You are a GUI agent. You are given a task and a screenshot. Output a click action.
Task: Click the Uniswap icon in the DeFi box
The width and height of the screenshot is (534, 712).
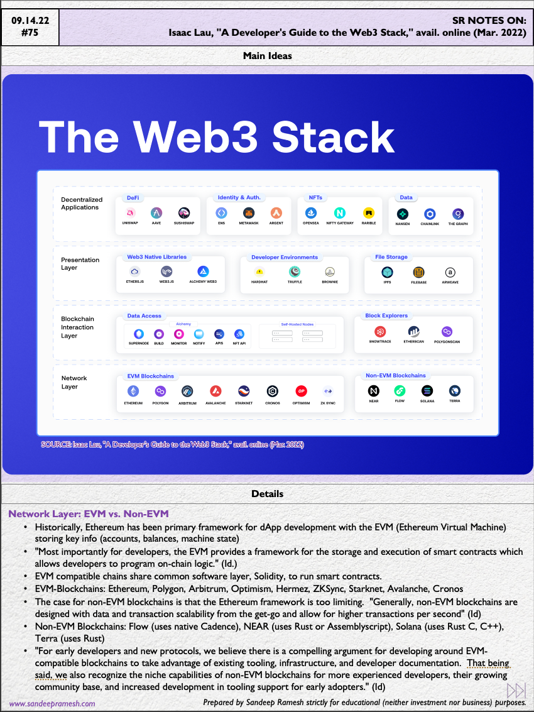coord(130,213)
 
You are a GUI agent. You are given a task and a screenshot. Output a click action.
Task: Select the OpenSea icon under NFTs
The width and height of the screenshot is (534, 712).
coord(310,213)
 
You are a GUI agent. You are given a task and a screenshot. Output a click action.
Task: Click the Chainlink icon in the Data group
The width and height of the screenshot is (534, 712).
coord(430,214)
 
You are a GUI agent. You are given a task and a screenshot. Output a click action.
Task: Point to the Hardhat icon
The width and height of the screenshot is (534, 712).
coord(259,272)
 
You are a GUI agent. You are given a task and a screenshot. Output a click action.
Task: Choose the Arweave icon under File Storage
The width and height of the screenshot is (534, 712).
coord(450,272)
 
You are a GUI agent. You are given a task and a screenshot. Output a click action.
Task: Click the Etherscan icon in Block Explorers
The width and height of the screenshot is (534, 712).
coord(413,331)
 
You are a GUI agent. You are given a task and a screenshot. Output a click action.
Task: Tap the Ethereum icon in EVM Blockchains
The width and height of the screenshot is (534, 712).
coord(133,391)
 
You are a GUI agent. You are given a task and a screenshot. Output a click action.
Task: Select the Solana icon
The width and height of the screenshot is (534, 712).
coord(427,391)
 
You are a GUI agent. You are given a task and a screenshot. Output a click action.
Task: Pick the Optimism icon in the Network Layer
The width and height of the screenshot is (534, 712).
coord(301,391)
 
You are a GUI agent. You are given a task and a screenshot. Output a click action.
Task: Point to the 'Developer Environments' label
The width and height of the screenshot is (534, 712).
coord(285,257)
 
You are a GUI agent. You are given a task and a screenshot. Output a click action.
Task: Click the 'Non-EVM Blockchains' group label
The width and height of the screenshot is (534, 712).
coord(395,376)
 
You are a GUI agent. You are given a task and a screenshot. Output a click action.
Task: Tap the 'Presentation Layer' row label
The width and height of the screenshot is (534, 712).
coord(80,263)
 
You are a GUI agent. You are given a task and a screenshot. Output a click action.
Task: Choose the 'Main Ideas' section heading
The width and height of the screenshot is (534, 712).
coord(267,56)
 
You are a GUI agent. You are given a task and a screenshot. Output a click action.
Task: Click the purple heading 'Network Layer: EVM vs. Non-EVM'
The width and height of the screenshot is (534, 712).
coord(89,514)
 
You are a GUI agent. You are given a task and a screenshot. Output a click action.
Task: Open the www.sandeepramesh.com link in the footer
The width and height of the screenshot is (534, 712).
coord(52,704)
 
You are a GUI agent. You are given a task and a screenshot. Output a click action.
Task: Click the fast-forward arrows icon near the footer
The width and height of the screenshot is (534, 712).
coord(516,690)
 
